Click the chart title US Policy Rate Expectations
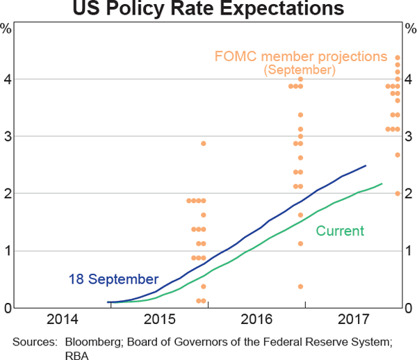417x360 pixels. [208, 9]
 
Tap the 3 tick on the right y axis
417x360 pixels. [410, 136]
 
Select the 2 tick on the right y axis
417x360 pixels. [410, 194]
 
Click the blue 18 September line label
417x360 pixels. [113, 279]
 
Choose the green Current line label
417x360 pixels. [340, 231]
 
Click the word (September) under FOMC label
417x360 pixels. [300, 69]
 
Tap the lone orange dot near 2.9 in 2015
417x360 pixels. [204, 143]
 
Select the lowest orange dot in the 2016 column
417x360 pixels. [300, 286]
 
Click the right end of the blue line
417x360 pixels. [366, 165]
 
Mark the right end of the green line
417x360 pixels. [382, 183]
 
